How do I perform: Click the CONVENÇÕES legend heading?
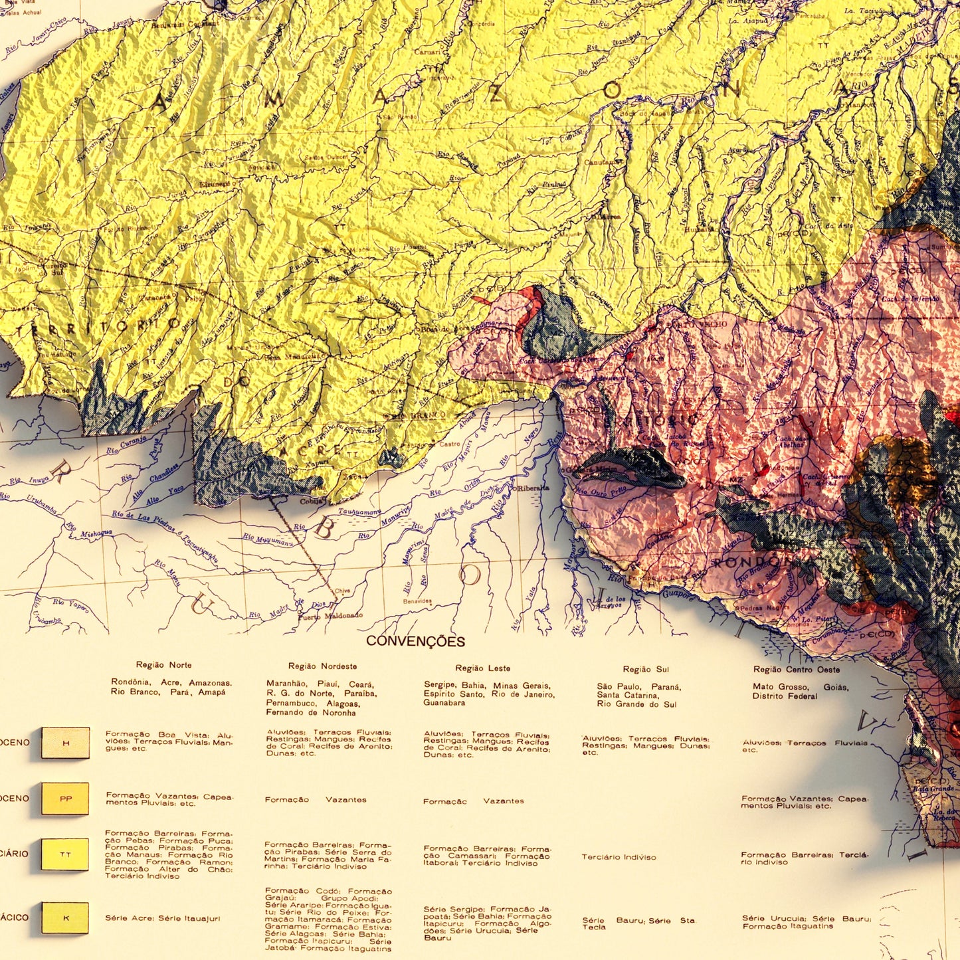(x=415, y=642)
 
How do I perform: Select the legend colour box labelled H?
(x=65, y=743)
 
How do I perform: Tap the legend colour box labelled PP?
(x=65, y=799)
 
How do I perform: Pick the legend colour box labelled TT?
(x=65, y=854)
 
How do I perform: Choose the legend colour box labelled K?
(x=65, y=917)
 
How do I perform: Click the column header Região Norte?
(x=163, y=665)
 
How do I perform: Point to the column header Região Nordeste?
(x=322, y=666)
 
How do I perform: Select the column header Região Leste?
(x=483, y=668)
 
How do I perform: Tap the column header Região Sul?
(x=646, y=670)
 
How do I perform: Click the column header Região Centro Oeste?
(x=797, y=670)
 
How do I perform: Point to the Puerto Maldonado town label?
(x=330, y=616)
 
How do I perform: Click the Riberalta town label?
(x=533, y=488)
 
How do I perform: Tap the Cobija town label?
(x=313, y=502)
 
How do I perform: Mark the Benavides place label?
(x=417, y=602)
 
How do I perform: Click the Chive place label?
(x=342, y=591)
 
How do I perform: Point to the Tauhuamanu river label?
(x=359, y=512)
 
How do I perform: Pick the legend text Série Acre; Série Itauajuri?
(x=162, y=919)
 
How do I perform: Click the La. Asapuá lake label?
(x=747, y=21)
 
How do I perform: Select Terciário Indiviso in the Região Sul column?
(x=619, y=857)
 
